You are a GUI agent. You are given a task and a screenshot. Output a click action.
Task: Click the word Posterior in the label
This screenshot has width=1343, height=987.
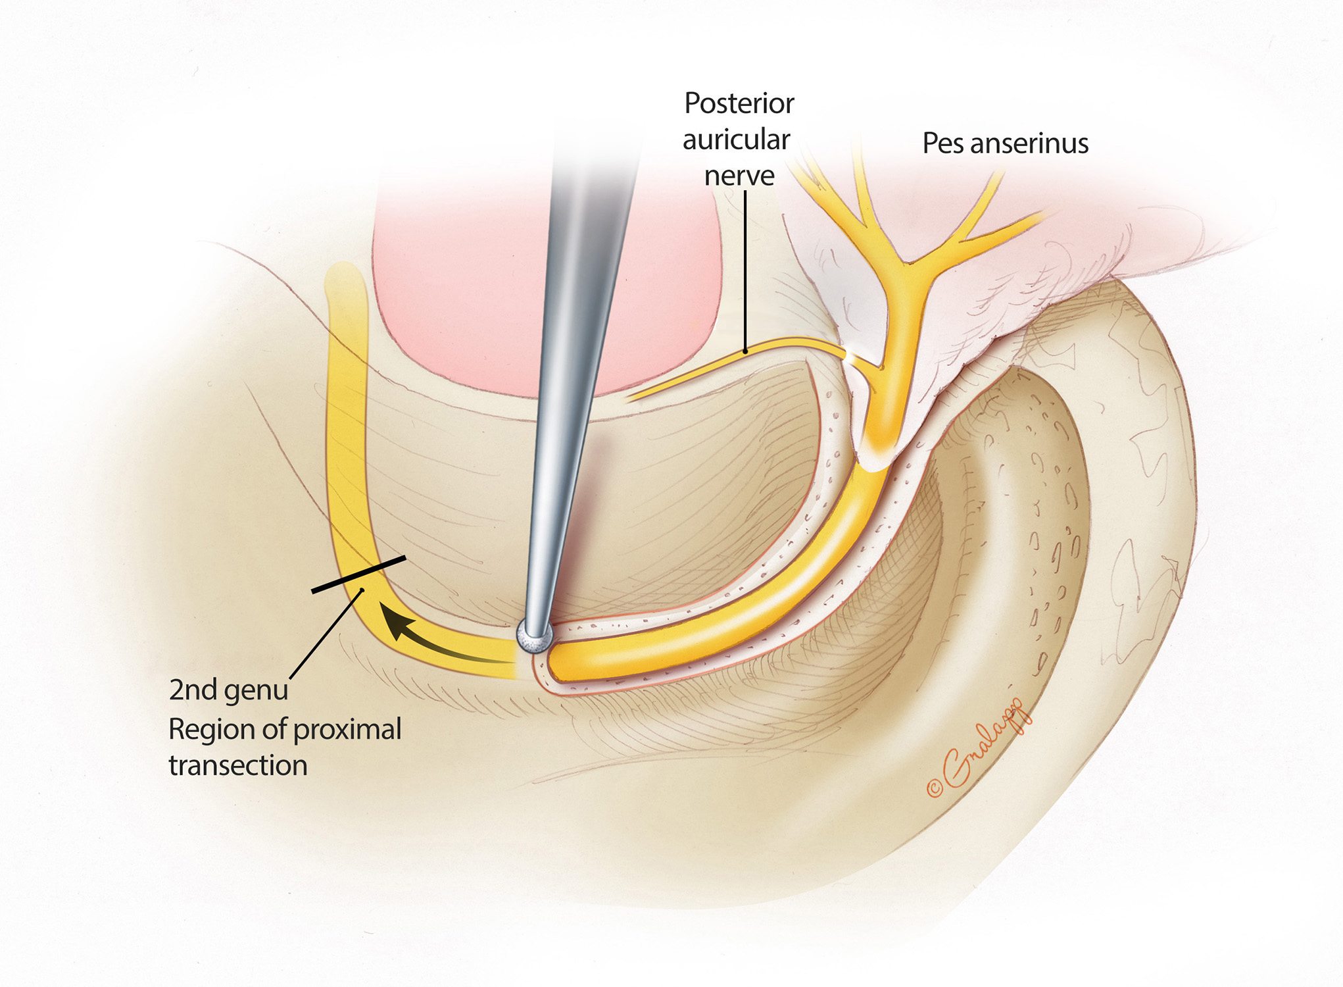[x=739, y=103]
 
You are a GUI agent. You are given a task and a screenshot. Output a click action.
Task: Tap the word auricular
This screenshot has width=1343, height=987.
[x=736, y=139]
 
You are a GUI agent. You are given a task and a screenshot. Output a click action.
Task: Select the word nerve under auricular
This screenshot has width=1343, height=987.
[x=739, y=176]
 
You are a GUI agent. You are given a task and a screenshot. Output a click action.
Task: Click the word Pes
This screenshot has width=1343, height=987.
[x=942, y=143]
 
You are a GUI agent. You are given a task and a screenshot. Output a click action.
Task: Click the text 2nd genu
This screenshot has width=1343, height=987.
[x=228, y=690]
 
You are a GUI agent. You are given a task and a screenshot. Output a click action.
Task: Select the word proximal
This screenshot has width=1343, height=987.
[x=347, y=729]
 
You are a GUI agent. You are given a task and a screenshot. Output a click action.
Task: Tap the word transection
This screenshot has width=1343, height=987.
[x=238, y=765]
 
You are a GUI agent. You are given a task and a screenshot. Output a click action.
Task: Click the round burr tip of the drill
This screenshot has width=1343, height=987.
[x=534, y=636]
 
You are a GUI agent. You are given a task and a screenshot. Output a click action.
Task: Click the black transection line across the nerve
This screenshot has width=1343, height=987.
[x=358, y=574]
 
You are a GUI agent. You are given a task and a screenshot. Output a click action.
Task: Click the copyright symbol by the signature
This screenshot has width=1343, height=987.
[x=935, y=788]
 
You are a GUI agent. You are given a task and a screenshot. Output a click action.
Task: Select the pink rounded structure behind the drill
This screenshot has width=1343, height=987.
[x=460, y=296]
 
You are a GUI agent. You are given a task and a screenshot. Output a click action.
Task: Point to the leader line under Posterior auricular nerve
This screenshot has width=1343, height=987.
[x=745, y=270]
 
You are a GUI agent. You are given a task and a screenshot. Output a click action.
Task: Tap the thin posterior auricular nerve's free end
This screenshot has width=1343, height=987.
[x=629, y=399]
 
